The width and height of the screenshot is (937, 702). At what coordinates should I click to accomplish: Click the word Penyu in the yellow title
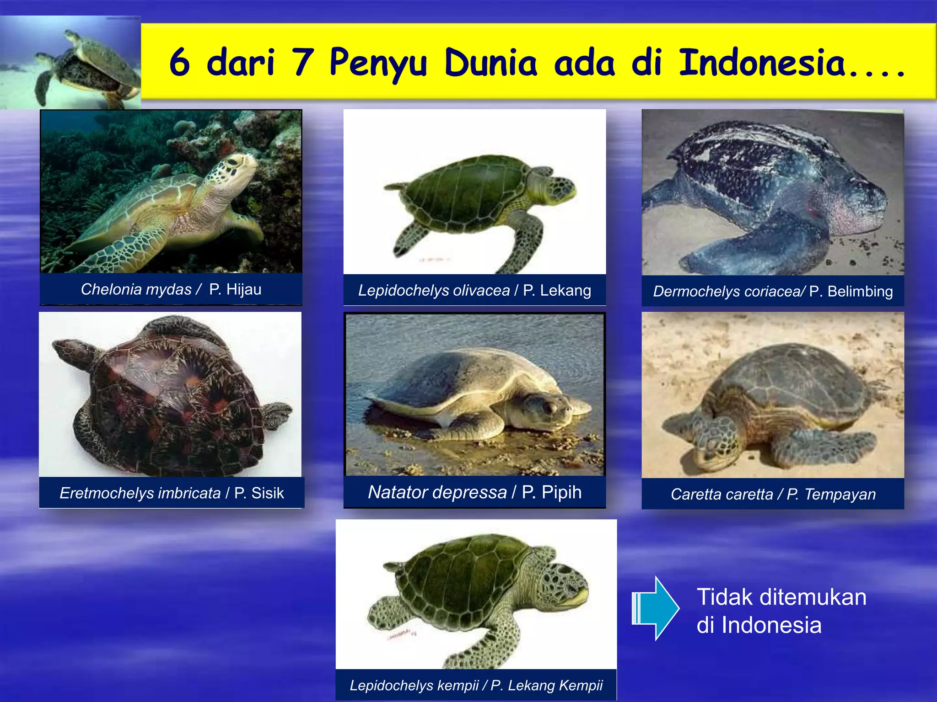click(378, 63)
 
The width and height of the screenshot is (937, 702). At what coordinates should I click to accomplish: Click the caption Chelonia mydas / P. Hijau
click(171, 289)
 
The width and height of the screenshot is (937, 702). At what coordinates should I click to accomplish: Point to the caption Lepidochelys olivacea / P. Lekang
click(474, 290)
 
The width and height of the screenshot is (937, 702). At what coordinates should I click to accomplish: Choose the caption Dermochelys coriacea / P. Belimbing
click(773, 291)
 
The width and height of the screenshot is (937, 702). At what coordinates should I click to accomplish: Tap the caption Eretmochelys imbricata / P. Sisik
click(172, 493)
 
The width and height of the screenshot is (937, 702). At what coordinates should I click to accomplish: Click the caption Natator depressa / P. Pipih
click(474, 492)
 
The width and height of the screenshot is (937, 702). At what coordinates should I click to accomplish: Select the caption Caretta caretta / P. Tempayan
click(773, 494)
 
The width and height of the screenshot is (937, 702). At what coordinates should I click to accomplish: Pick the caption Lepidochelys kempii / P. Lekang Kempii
click(476, 685)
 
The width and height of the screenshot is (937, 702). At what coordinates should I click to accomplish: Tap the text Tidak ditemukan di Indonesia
click(781, 611)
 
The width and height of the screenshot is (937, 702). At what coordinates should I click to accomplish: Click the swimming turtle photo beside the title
click(70, 63)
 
